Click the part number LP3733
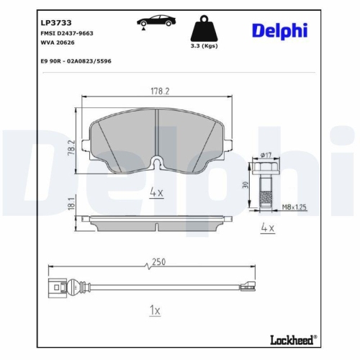(55, 22)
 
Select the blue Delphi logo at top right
(279, 30)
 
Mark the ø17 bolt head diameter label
(264, 156)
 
